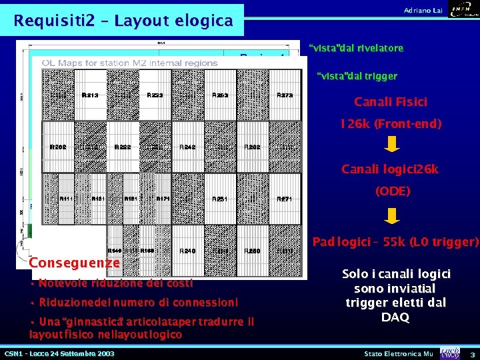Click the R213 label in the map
(x=90, y=95)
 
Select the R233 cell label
(x=155, y=95)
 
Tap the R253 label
(x=220, y=95)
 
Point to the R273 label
(x=285, y=95)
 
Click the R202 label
(x=58, y=147)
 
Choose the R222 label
(x=123, y=147)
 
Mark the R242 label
(x=187, y=147)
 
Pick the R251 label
(x=220, y=199)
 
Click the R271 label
(x=285, y=199)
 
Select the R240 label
(x=188, y=251)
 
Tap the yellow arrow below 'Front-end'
(x=393, y=144)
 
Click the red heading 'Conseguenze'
(x=74, y=263)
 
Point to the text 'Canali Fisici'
(x=391, y=102)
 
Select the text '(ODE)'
(x=393, y=191)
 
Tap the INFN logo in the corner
(x=463, y=9)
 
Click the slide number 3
(x=472, y=353)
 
